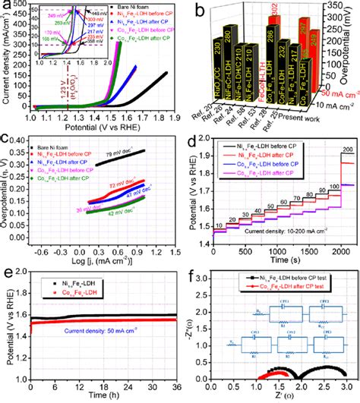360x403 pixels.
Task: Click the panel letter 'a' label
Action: (7, 6)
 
